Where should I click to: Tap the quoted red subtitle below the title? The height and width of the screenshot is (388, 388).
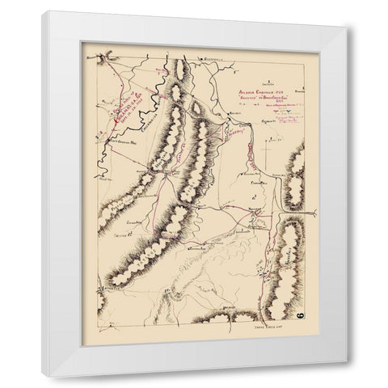point(258,99)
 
